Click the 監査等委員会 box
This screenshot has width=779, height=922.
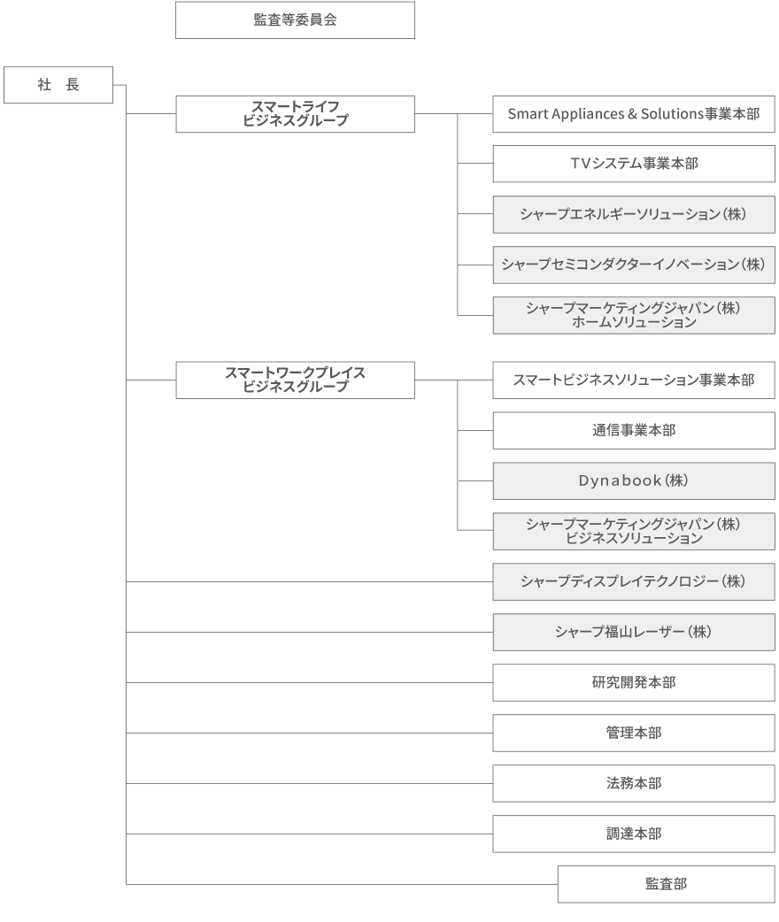(x=295, y=20)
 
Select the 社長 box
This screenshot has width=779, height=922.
(x=58, y=85)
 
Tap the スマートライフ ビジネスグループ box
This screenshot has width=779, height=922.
(x=295, y=114)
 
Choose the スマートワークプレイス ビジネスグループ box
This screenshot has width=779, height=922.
(x=295, y=380)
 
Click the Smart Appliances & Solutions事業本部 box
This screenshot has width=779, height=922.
(x=634, y=114)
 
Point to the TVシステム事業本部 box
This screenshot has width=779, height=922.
(x=634, y=164)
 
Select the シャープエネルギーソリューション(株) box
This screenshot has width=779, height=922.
(x=634, y=215)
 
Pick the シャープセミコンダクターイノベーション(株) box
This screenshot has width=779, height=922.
(x=634, y=265)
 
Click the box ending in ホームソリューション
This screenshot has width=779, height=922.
(x=634, y=316)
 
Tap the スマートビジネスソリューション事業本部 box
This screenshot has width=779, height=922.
(x=634, y=380)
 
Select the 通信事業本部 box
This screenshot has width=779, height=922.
(x=634, y=431)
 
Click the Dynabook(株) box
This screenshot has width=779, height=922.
(x=634, y=481)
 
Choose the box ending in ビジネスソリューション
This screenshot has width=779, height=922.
(x=634, y=532)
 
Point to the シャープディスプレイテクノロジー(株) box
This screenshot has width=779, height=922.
(x=634, y=582)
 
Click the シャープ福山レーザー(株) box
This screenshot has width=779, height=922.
(x=634, y=633)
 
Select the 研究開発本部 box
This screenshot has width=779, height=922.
(x=634, y=683)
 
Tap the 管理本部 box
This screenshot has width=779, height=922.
(x=634, y=734)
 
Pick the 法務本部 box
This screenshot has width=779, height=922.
(x=634, y=784)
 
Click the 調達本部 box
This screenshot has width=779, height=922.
(x=634, y=834)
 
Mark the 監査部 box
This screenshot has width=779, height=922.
(x=666, y=884)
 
